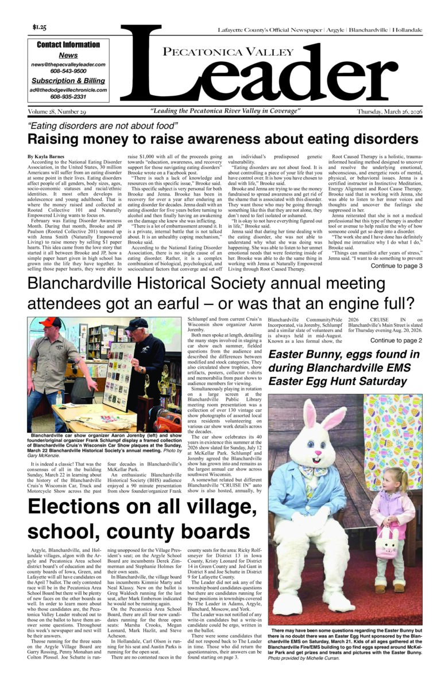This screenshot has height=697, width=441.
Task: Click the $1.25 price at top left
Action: (x=40, y=27)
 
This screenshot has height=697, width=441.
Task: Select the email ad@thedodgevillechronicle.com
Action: (x=68, y=90)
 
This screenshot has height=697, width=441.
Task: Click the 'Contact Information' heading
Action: (x=68, y=45)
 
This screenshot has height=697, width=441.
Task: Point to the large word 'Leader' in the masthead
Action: (x=270, y=75)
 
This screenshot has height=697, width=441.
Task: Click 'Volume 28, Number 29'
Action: (x=56, y=111)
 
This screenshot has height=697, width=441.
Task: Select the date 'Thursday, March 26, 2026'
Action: (x=389, y=111)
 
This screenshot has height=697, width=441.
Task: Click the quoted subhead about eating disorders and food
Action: (x=103, y=125)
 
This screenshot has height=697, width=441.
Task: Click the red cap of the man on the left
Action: (x=51, y=322)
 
